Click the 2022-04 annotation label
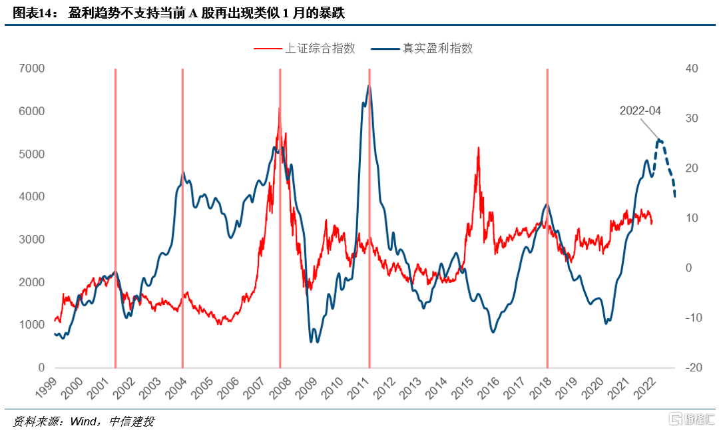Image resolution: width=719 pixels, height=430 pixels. [x=640, y=110]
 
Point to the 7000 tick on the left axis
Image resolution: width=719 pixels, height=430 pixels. [x=31, y=68]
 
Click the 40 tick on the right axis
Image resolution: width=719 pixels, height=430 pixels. [x=692, y=68]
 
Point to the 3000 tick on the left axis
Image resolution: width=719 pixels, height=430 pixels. [x=31, y=239]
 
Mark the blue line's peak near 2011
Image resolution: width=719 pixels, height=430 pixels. [x=368, y=86]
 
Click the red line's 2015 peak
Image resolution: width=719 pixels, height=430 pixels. [x=478, y=148]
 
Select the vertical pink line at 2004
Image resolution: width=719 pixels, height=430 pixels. [x=182, y=220]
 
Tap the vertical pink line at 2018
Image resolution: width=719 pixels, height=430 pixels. [x=547, y=220]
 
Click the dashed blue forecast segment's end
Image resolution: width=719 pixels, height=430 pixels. [x=675, y=196]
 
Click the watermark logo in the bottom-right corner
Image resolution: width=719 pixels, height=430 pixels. [x=692, y=419]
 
